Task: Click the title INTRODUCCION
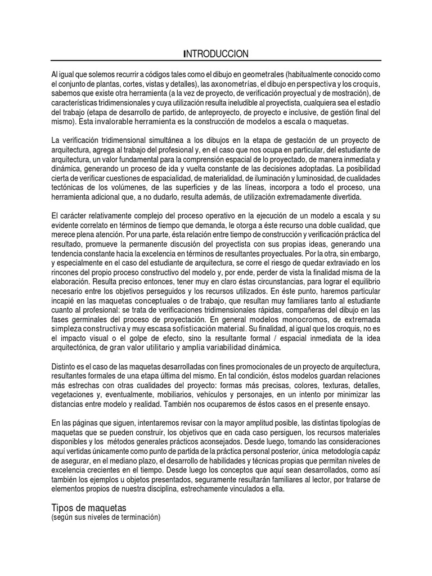[216, 53]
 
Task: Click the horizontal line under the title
[216, 61]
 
